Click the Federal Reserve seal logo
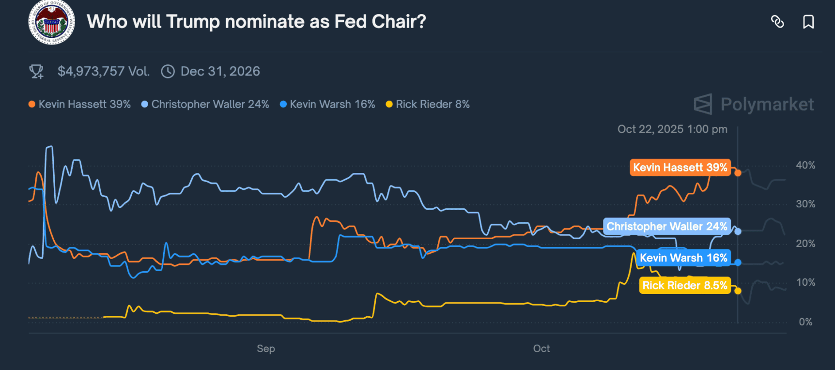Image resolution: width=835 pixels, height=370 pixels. tap(51, 22)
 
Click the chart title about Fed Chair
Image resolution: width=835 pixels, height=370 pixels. tap(256, 22)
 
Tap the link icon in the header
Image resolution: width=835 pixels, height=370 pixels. tap(777, 22)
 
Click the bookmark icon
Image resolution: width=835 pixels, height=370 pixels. tap(808, 22)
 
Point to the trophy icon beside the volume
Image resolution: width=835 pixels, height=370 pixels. tap(36, 72)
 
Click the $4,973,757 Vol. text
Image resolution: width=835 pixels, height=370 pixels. tap(103, 72)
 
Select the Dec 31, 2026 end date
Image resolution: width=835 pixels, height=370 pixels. tap(220, 72)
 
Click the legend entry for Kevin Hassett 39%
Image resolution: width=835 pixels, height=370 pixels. tap(80, 104)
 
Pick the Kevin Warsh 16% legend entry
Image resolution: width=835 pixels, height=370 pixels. tap(328, 104)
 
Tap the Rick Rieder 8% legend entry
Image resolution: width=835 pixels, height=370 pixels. tap(428, 104)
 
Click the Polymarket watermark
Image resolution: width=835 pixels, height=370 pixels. tap(754, 104)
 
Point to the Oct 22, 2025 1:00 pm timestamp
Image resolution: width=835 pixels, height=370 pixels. tap(672, 129)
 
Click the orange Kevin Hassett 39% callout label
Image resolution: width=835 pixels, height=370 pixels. tap(680, 168)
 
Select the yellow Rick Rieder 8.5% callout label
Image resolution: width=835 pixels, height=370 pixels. tap(684, 286)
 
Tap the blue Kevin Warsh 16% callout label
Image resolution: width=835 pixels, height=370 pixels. tap(683, 258)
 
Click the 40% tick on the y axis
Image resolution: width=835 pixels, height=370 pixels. tap(805, 165)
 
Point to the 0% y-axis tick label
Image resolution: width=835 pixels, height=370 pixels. tap(805, 322)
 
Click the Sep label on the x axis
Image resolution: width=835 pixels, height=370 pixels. tap(266, 349)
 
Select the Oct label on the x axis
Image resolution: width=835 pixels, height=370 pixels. tap(541, 349)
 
